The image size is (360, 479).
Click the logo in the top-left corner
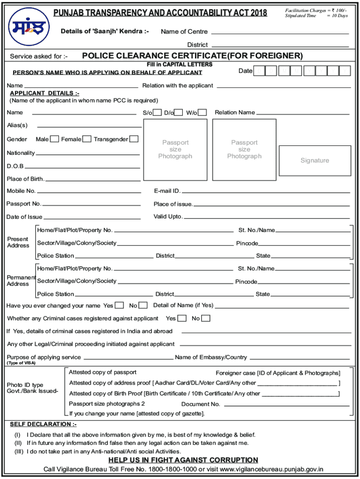(25, 26)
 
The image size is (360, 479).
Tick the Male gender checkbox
(55, 139)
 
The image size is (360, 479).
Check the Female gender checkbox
(86, 139)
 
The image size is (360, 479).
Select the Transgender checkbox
(134, 139)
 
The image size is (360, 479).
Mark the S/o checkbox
(158, 112)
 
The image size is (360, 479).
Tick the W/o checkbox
(202, 112)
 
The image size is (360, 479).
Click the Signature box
(315, 160)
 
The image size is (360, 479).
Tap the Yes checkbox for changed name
(119, 305)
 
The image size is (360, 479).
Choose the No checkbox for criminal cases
(206, 319)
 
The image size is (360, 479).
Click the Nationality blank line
(88, 154)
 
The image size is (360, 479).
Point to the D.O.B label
(15, 166)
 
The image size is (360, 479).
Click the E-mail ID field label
(167, 191)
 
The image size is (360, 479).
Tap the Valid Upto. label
(168, 217)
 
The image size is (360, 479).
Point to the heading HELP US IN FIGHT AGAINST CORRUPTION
(183, 460)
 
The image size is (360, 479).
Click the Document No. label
(201, 404)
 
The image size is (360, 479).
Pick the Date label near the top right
(245, 71)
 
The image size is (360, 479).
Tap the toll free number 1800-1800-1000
(172, 470)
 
